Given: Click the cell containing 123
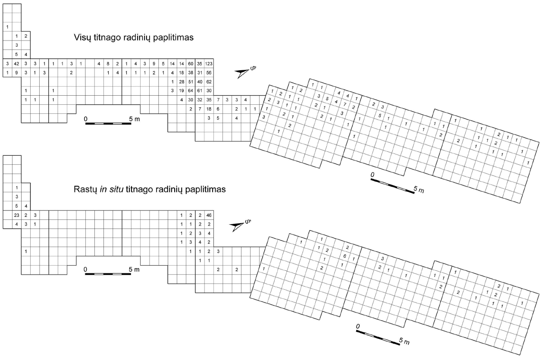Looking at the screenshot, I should (x=209, y=64).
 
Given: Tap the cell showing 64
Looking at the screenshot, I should (x=191, y=91).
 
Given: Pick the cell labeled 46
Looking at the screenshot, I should (x=209, y=215).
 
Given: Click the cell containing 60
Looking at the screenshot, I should (x=191, y=64).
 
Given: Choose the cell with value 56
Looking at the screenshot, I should (x=209, y=73).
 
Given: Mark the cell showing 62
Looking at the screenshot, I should (x=209, y=82).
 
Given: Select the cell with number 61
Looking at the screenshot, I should (x=200, y=91).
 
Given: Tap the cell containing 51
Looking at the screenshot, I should (x=191, y=82).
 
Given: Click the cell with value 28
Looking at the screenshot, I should (x=182, y=82).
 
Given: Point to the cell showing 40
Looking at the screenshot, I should (x=200, y=82).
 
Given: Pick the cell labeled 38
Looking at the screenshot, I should (x=191, y=73).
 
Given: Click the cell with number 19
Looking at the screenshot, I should (x=182, y=91).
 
